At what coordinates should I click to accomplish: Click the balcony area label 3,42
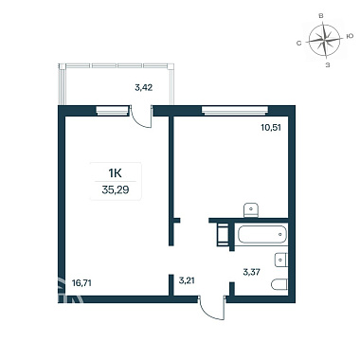[x=144, y=87]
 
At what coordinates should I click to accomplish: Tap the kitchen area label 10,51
[x=271, y=128]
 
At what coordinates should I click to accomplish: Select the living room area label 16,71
[x=81, y=283]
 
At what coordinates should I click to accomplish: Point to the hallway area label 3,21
[x=186, y=280]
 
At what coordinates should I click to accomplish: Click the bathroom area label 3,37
[x=251, y=272]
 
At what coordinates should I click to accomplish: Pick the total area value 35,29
[x=116, y=190]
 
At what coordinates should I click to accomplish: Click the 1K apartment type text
[x=116, y=173]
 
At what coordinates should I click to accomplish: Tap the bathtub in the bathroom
[x=261, y=234]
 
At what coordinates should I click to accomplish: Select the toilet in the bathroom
[x=279, y=284]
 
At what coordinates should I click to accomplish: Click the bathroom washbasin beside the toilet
[x=281, y=260]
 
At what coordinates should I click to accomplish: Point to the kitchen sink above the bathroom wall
[x=251, y=210]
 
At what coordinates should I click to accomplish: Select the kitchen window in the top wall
[x=235, y=111]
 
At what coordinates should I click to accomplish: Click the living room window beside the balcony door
[x=113, y=111]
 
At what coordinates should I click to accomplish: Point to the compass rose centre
[x=325, y=40]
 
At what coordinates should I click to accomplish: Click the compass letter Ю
[x=350, y=36]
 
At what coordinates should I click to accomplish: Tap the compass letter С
[x=298, y=44]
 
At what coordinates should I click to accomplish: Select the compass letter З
[x=328, y=65]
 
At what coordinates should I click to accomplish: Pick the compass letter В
[x=321, y=16]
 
